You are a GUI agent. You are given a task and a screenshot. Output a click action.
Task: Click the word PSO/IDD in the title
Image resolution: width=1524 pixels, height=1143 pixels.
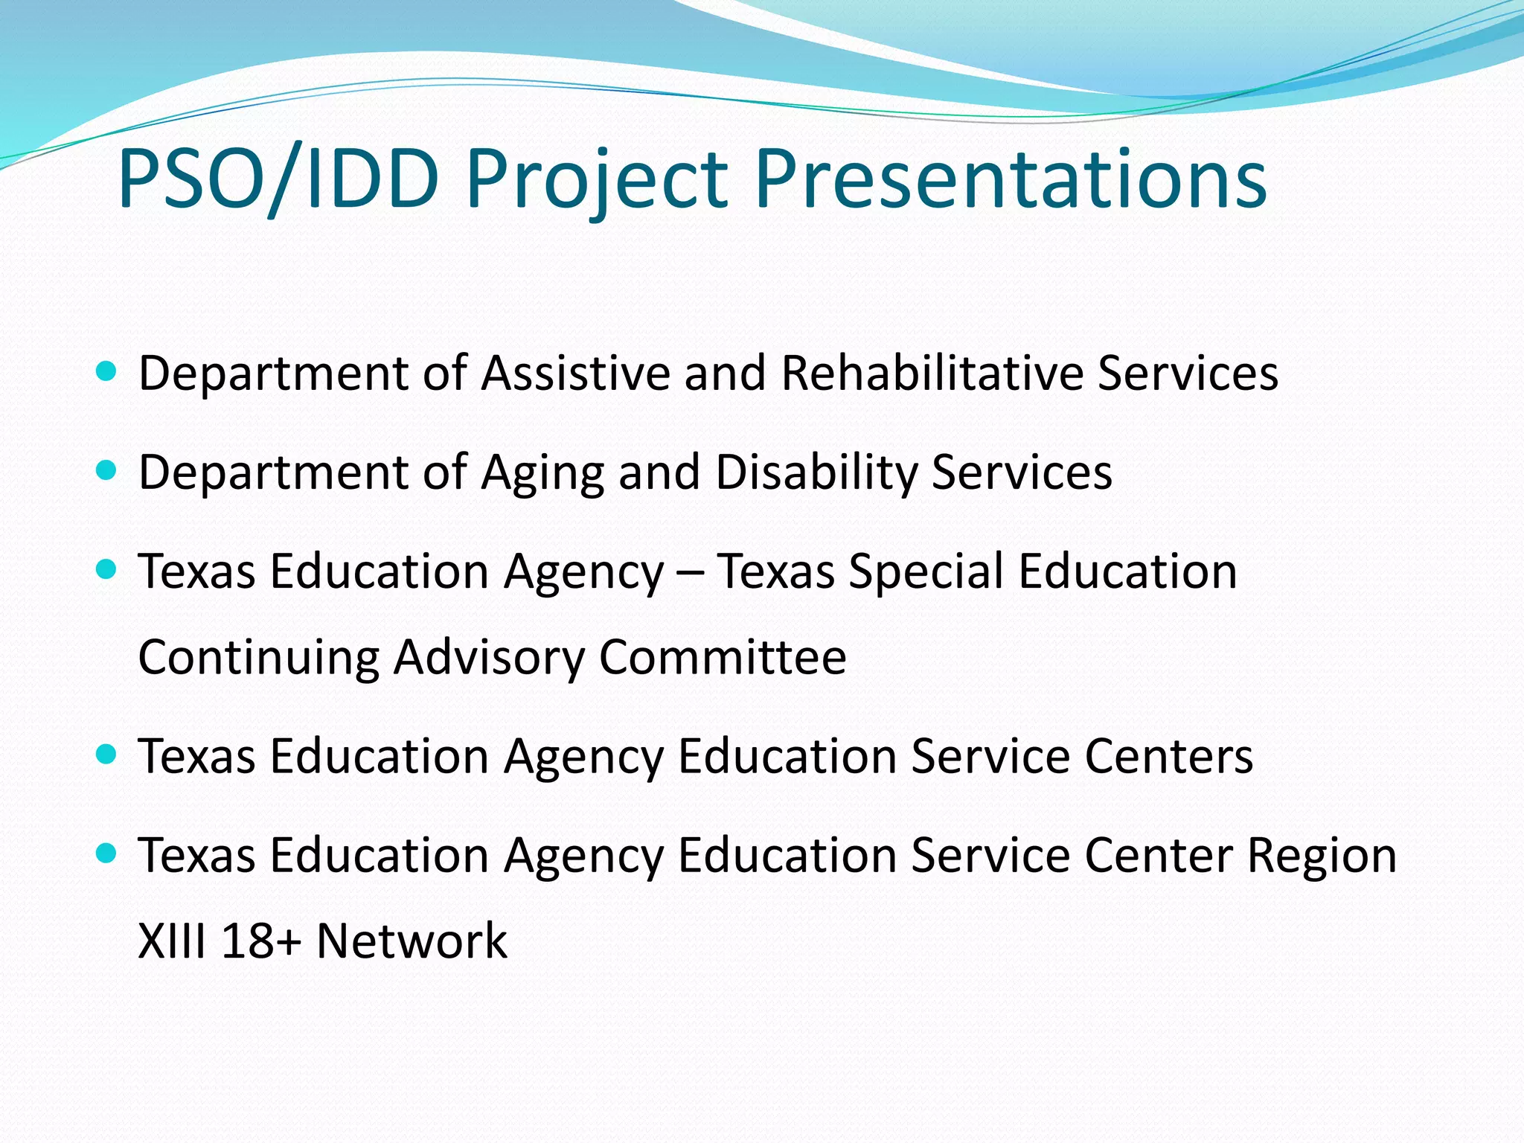coord(278,179)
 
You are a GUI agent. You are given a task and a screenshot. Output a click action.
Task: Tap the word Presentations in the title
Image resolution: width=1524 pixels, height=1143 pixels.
coord(1011,179)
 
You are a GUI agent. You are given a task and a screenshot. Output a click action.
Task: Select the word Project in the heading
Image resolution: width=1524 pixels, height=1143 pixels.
coord(596,179)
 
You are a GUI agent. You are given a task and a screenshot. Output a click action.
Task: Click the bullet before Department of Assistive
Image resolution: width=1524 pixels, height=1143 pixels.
coord(107,371)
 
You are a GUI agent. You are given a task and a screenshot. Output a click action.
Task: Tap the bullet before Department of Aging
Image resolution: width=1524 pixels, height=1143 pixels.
coord(107,470)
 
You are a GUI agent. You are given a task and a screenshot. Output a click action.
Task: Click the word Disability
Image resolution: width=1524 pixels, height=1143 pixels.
coord(816,472)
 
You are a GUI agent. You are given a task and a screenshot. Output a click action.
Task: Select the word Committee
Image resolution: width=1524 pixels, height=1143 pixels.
coord(723,656)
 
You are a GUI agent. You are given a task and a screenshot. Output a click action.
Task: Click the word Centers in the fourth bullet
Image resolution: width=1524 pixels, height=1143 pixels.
coord(1168,756)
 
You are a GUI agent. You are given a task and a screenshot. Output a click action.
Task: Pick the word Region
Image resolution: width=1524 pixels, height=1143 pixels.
coord(1322,856)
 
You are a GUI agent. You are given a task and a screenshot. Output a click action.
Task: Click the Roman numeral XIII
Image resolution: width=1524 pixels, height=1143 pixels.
coord(172,941)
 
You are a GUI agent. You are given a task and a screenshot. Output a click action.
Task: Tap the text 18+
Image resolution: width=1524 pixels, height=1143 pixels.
coord(261,941)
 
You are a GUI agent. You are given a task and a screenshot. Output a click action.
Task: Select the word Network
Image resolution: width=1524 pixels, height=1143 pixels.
coord(412,941)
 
